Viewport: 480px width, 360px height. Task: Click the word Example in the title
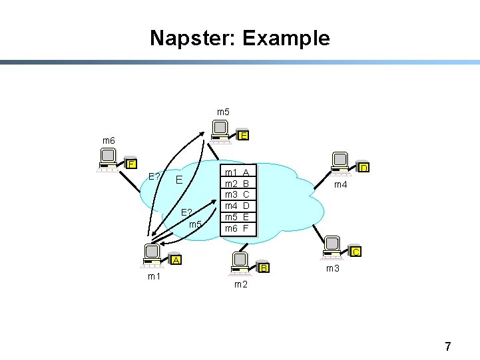pos(286,38)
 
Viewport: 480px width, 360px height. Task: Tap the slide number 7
pos(447,346)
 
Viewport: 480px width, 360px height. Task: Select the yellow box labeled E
pos(244,136)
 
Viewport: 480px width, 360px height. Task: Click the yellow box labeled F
pos(131,164)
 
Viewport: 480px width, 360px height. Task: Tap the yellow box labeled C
pos(356,252)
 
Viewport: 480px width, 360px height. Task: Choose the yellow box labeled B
pos(263,268)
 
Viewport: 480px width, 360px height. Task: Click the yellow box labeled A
pos(175,260)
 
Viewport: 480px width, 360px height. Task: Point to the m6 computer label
pos(108,141)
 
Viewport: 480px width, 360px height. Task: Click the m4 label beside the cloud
pos(340,184)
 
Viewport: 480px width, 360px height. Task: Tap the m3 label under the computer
pos(333,268)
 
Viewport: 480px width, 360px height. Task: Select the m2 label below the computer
pos(240,285)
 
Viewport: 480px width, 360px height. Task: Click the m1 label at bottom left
pos(154,276)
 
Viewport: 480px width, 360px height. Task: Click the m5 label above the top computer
pos(223,112)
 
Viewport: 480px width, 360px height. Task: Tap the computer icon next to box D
pos(340,162)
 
